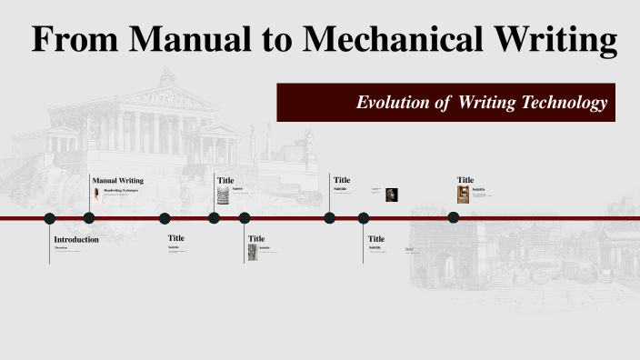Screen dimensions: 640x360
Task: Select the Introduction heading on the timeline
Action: click(x=76, y=239)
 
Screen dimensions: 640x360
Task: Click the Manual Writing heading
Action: click(x=118, y=180)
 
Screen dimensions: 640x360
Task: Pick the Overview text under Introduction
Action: click(x=61, y=247)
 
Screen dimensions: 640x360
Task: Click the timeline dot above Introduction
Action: click(x=50, y=218)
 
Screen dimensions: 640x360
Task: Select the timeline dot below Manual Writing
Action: click(x=89, y=218)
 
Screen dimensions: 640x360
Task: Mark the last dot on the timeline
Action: click(x=454, y=217)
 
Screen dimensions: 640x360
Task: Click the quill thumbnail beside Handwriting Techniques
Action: click(x=97, y=194)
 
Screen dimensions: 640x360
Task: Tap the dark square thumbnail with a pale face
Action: click(x=391, y=194)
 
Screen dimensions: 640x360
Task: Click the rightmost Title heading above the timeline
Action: click(x=465, y=180)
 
